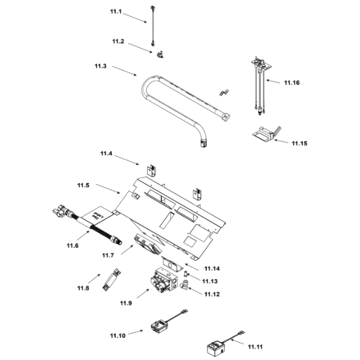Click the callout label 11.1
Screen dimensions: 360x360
(x=116, y=12)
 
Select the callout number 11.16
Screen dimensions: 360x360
(x=291, y=83)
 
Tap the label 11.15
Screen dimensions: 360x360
(x=299, y=143)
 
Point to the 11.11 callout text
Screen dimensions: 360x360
(x=255, y=347)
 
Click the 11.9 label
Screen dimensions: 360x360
(x=126, y=303)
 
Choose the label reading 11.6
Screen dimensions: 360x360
(x=72, y=246)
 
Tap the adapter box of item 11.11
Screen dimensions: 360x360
(x=215, y=348)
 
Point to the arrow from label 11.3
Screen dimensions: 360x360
(x=124, y=70)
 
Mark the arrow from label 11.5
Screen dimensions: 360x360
(x=108, y=189)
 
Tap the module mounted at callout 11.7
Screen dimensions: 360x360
(x=146, y=244)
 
